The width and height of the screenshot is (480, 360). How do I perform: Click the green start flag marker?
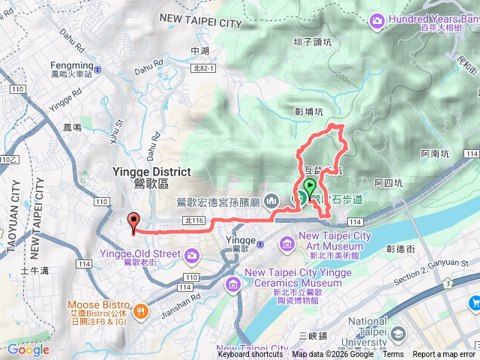[310, 187]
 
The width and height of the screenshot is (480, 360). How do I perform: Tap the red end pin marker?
[134, 221]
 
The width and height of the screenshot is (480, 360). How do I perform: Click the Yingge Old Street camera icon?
[192, 256]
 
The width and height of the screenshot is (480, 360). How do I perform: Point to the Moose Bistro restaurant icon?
[139, 310]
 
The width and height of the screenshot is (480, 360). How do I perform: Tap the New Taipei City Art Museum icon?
[287, 244]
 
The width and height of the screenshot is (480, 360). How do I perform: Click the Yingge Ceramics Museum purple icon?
[232, 283]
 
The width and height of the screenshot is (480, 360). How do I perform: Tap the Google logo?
[28, 349]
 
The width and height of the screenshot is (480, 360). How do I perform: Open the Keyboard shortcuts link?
[250, 355]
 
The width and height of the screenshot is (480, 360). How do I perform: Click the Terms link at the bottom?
[392, 355]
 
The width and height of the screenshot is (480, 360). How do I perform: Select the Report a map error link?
[445, 355]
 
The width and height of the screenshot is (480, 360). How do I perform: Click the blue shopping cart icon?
[474, 303]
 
